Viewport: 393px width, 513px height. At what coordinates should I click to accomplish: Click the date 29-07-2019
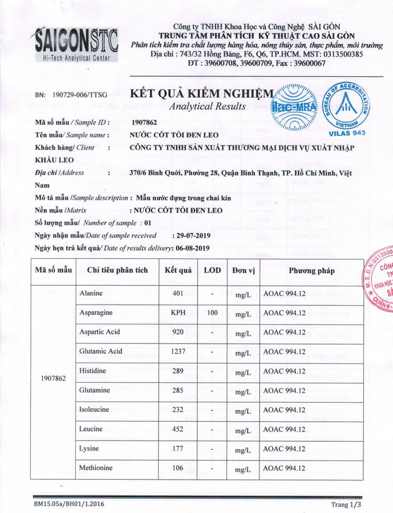[x=191, y=235]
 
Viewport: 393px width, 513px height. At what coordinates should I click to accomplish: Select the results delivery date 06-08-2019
[x=191, y=248]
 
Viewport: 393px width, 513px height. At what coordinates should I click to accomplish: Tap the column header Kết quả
[x=178, y=270]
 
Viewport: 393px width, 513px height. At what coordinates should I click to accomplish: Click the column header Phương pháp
[x=312, y=270]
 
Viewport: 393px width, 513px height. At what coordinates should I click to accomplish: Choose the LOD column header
[x=212, y=270]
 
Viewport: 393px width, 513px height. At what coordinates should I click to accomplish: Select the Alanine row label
[x=91, y=293]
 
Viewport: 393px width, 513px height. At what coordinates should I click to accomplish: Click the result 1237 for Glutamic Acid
[x=178, y=352]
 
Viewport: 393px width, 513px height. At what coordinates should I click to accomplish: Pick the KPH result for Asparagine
[x=178, y=313]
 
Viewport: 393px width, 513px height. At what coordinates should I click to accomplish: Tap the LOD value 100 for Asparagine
[x=212, y=313]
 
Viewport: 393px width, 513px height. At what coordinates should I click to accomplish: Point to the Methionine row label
[x=96, y=468]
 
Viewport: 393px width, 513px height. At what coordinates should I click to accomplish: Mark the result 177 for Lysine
[x=178, y=449]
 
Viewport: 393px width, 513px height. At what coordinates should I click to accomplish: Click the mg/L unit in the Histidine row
[x=243, y=371]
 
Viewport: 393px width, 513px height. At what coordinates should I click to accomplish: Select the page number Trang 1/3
[x=346, y=504]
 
